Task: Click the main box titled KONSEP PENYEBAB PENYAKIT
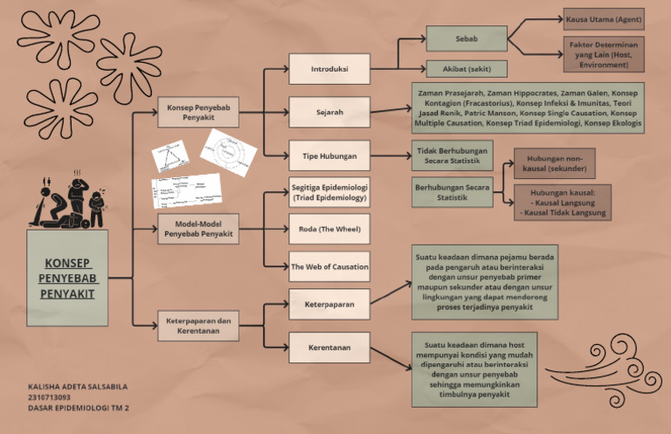[x=67, y=279]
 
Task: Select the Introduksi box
[x=329, y=68]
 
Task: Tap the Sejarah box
[x=329, y=112]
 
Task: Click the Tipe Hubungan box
[x=329, y=156]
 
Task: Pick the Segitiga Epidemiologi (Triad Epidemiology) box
[x=329, y=193]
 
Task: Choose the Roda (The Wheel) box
[x=329, y=230]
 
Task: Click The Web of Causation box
[x=329, y=266]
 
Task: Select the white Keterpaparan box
[x=329, y=305]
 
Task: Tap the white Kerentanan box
[x=329, y=348]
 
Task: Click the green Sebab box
[x=466, y=39]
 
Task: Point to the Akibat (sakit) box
[x=466, y=68]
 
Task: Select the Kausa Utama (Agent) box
[x=602, y=18]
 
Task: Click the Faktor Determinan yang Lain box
[x=602, y=53]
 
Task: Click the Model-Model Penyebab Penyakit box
[x=197, y=230]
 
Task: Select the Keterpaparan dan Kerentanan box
[x=197, y=327]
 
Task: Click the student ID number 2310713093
[x=49, y=396]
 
